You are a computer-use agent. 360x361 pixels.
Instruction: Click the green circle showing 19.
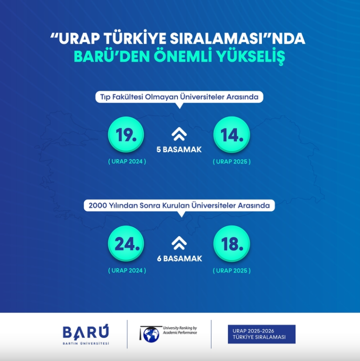(126, 134)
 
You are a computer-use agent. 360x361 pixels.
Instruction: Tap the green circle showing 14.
(231, 134)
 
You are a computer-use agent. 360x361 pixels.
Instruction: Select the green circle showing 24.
(126, 243)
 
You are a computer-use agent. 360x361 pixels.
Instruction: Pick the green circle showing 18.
(231, 243)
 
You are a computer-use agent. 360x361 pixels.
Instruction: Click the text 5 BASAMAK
(179, 149)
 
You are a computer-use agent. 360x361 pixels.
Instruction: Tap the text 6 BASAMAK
(179, 258)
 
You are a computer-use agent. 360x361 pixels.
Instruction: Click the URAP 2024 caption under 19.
(127, 161)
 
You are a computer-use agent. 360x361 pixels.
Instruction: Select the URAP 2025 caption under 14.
(231, 161)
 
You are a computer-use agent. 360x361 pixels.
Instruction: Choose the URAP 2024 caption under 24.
(127, 270)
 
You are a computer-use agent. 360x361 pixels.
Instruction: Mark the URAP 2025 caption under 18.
(231, 270)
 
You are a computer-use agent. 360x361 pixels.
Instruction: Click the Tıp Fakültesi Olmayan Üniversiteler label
(179, 97)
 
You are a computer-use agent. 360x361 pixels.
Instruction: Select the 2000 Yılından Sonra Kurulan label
(179, 205)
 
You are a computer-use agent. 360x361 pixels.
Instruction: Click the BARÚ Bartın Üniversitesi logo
(85, 334)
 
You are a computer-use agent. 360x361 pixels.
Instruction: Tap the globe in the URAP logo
(151, 335)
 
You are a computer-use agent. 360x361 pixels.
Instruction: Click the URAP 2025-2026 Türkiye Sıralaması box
(261, 334)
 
